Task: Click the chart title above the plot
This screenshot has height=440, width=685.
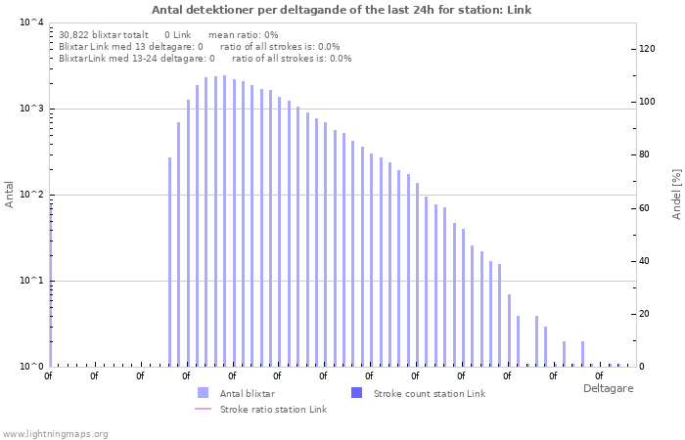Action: [x=342, y=10]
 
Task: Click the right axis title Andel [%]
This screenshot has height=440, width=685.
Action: [x=676, y=194]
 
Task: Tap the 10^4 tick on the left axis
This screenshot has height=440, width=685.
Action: [x=31, y=22]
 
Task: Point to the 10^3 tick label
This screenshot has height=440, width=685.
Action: [x=31, y=109]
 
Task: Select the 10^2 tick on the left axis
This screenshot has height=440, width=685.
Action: [x=31, y=195]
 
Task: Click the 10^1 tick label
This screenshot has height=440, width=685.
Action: [x=31, y=281]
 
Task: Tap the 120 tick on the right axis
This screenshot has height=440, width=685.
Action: [x=647, y=49]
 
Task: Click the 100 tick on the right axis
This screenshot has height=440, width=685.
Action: [x=647, y=102]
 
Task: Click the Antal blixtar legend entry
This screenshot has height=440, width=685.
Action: [x=247, y=393]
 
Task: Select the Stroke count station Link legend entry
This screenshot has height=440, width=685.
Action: [x=429, y=393]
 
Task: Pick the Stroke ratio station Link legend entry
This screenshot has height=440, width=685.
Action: [x=273, y=409]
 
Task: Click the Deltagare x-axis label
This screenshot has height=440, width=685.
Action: [x=608, y=388]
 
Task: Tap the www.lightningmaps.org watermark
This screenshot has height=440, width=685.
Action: [x=56, y=433]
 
